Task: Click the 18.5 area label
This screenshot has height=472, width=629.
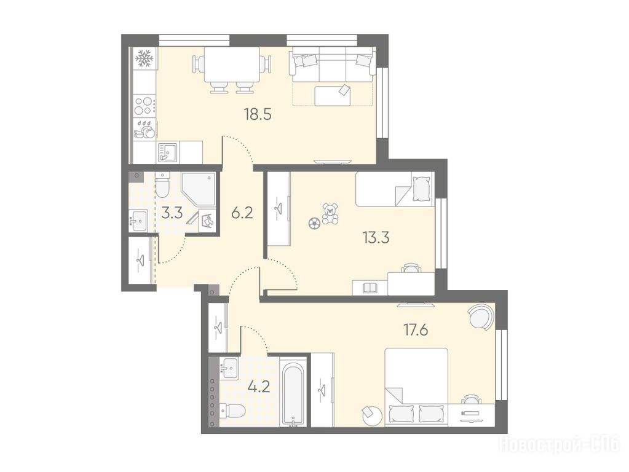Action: [258, 115]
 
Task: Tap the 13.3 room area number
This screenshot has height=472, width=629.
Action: [376, 238]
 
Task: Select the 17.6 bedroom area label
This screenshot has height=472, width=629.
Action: [416, 331]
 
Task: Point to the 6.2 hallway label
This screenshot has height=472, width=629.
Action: [242, 213]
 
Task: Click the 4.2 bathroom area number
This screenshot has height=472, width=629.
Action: [258, 387]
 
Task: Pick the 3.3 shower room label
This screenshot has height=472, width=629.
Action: [172, 213]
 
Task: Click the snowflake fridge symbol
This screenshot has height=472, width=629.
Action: [144, 58]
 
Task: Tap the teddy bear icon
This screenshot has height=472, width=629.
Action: [330, 214]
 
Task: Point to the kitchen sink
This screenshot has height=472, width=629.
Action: [168, 153]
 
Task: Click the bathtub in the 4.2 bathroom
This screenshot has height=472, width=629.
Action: [293, 393]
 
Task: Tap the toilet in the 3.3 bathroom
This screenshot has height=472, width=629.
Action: [162, 185]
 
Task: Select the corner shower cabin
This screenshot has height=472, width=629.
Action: [199, 189]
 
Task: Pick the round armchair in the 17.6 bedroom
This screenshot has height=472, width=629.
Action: [480, 316]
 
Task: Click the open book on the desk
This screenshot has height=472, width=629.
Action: [370, 288]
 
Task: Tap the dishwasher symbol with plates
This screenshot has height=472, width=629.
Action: [144, 129]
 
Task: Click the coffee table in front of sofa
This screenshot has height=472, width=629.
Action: [332, 96]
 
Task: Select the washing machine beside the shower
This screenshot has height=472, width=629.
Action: [207, 220]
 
